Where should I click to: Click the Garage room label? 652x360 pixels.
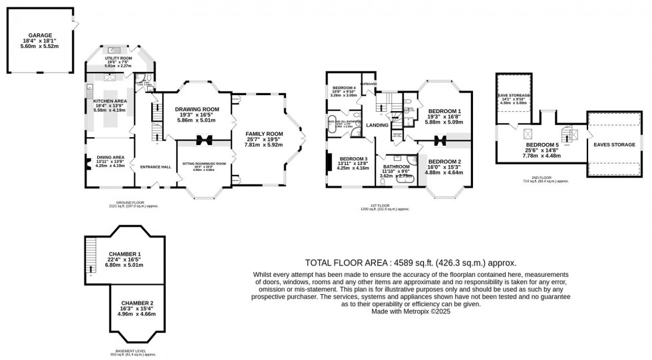[x=41, y=35]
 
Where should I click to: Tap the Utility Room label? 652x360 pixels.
[x=118, y=59]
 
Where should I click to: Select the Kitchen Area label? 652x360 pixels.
[x=110, y=101]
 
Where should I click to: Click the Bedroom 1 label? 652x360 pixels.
[x=444, y=111]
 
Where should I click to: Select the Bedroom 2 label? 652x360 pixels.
[x=444, y=162]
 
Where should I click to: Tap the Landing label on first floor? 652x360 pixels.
[x=377, y=124]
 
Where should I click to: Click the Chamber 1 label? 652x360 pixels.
[x=126, y=254]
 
